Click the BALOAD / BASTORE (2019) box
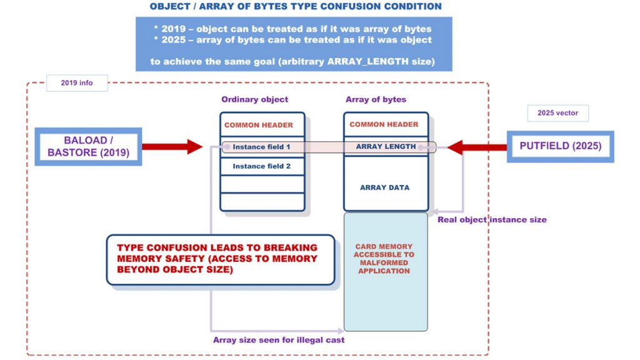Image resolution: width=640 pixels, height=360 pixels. pyautogui.click(x=88, y=146)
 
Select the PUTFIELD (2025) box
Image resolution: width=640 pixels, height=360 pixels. pyautogui.click(x=560, y=146)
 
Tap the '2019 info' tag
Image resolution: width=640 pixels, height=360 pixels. pyautogui.click(x=77, y=82)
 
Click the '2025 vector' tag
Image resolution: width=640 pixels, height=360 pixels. pyautogui.click(x=557, y=113)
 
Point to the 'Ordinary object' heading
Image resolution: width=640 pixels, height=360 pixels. pyautogui.click(x=254, y=99)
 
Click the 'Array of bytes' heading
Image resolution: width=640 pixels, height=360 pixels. pyautogui.click(x=376, y=99)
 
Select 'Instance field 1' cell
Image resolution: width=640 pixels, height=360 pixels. pyautogui.click(x=262, y=147)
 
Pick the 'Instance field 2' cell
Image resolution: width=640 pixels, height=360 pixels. pyautogui.click(x=262, y=166)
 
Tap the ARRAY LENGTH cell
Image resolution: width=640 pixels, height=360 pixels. pyautogui.click(x=386, y=147)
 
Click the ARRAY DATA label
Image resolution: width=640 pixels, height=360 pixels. pyautogui.click(x=384, y=187)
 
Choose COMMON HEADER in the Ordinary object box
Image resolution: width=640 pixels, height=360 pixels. pyautogui.click(x=258, y=125)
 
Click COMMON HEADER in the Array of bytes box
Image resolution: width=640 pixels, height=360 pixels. pyautogui.click(x=384, y=124)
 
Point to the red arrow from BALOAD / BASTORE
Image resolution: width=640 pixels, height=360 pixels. pyautogui.click(x=172, y=147)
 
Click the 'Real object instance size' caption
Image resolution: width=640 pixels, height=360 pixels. pyautogui.click(x=492, y=219)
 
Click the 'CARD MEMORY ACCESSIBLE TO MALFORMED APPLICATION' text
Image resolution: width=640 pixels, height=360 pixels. pyautogui.click(x=384, y=259)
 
